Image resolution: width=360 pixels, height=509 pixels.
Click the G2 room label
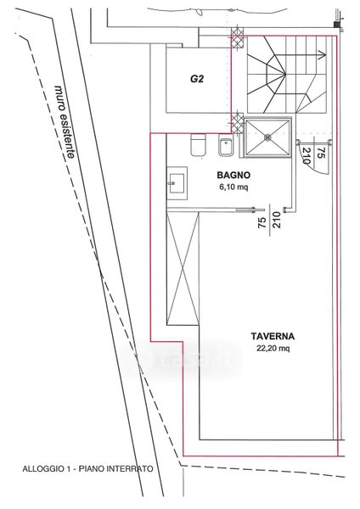click(197, 79)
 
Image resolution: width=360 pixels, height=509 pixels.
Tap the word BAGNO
click(233, 176)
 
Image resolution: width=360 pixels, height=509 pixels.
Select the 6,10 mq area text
click(233, 187)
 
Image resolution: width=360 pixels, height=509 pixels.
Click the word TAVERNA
click(273, 336)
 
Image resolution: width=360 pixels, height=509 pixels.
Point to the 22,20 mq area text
click(273, 349)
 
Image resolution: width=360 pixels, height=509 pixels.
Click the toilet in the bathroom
click(198, 145)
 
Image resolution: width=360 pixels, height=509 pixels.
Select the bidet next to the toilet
click(226, 145)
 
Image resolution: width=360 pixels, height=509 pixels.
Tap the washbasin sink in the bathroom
click(177, 183)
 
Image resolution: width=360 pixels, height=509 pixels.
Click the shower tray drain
click(267, 137)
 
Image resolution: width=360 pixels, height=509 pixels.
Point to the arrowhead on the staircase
click(323, 55)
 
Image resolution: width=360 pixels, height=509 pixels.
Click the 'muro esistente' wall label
click(65, 121)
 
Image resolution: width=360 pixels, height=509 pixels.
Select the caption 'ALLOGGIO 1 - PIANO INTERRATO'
click(87, 469)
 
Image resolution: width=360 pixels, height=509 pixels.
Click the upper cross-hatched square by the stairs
click(237, 38)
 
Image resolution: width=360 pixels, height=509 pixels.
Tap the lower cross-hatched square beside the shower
click(237, 123)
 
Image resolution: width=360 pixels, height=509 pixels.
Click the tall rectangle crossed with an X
click(183, 268)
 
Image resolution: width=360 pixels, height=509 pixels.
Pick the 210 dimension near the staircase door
click(307, 156)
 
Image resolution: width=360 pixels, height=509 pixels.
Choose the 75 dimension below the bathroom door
click(262, 222)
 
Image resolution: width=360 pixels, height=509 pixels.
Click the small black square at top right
click(337, 25)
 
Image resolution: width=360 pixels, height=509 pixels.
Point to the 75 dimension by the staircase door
click(321, 153)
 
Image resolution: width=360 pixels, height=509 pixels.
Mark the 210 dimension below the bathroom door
click(277, 220)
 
